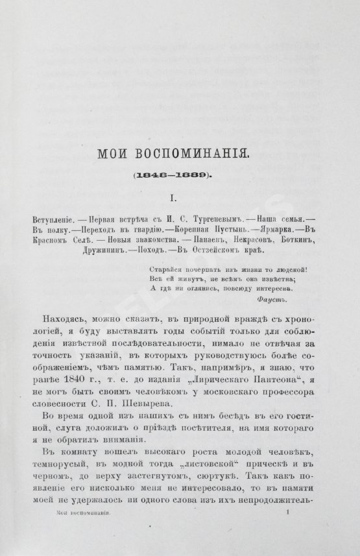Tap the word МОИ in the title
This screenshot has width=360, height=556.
click(111, 156)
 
